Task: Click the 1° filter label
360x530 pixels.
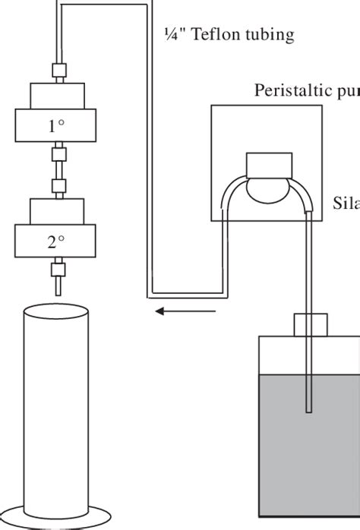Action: pos(56,127)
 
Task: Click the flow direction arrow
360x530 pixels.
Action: pos(185,311)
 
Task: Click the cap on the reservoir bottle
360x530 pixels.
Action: pos(308,324)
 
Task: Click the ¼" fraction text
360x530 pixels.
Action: pos(174,34)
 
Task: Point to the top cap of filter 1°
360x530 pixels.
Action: pos(56,96)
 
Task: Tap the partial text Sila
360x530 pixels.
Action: pos(346,203)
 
